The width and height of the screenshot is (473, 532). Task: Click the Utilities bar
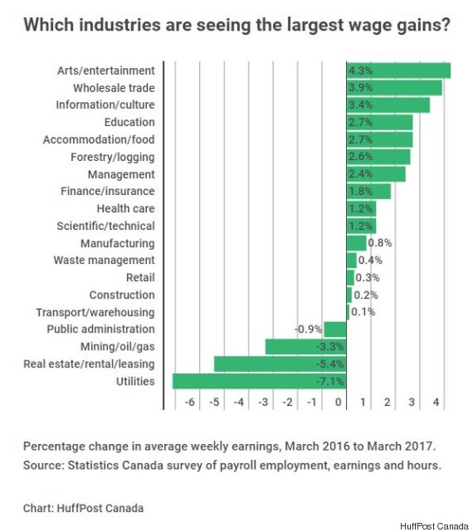coord(259,381)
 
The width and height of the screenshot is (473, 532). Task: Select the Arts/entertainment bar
coord(398,71)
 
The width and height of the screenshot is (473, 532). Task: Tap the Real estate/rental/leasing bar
coord(280,364)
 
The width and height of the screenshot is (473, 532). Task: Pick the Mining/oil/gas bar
coord(305,346)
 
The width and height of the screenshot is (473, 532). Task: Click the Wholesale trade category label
coord(114,88)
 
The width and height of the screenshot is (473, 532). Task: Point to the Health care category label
coord(125,208)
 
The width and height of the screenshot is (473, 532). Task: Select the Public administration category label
coord(101,329)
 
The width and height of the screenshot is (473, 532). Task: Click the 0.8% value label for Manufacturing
coord(379,243)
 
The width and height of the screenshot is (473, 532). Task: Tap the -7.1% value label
coord(331,381)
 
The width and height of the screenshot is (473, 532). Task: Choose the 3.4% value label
coord(360,105)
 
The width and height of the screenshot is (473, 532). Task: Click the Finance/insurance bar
coord(368,192)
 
